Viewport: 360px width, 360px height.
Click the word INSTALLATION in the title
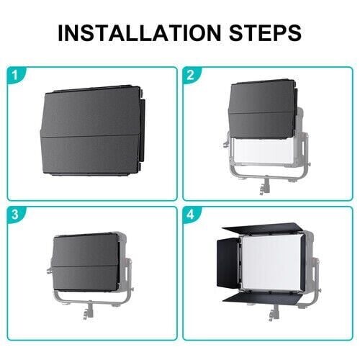[x=140, y=32]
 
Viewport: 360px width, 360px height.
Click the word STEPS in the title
[x=265, y=32]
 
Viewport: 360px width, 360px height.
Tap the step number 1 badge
[x=15, y=75]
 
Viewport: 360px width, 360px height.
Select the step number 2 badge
[x=190, y=75]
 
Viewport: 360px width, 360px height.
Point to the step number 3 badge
[x=15, y=214]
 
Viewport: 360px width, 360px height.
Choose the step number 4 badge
[x=190, y=214]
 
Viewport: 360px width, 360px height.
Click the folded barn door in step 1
[x=92, y=131]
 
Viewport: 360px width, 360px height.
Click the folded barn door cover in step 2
[x=263, y=109]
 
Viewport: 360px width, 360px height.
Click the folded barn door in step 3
[x=86, y=262]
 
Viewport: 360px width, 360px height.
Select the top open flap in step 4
[x=261, y=230]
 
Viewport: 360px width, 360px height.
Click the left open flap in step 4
[x=228, y=263]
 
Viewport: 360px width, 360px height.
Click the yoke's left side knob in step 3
[x=49, y=271]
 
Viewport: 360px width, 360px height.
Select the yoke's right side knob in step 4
[x=319, y=291]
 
